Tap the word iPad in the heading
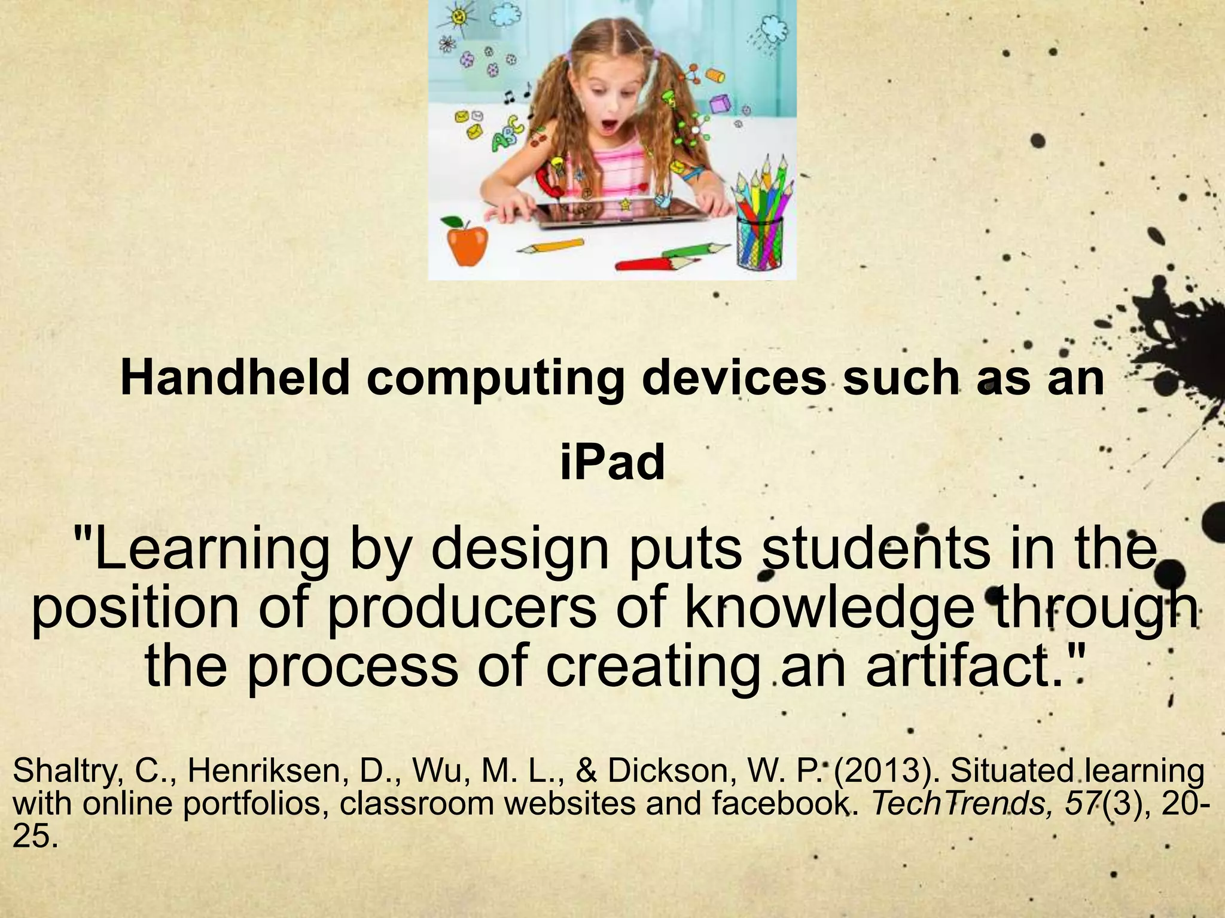[x=612, y=463]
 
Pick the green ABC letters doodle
[x=506, y=134]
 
